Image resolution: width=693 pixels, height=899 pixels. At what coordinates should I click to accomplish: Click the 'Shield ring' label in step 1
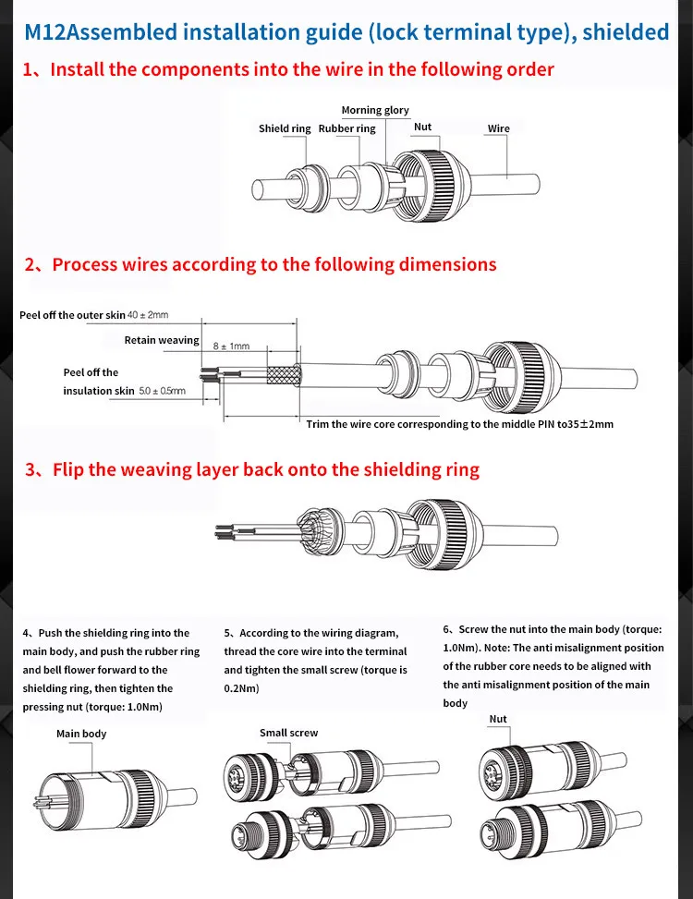285,129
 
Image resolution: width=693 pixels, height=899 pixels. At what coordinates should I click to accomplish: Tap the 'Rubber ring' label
346,129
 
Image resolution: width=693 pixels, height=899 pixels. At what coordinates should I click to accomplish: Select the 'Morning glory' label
375,111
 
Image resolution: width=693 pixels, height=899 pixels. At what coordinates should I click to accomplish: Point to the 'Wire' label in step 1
499,129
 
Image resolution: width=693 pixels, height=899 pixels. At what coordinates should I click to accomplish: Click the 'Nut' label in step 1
422,128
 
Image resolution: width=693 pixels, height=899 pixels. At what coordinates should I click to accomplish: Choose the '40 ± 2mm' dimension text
148,316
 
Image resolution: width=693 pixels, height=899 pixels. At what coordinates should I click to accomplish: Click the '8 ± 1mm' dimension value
231,346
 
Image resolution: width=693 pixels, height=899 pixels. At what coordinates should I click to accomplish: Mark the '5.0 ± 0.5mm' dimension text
162,391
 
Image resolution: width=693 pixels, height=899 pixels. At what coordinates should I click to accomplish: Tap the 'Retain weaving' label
162,341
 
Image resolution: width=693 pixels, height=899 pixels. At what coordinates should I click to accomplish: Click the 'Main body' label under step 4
81,735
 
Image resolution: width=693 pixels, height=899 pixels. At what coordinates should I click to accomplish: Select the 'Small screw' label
288,734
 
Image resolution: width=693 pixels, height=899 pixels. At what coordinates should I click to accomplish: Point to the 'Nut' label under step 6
498,720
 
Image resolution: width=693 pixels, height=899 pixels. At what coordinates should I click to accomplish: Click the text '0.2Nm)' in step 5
241,689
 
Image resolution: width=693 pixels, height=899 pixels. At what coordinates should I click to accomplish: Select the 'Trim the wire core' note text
459,425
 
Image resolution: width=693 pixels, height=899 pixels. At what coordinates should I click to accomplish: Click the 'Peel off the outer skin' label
72,316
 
